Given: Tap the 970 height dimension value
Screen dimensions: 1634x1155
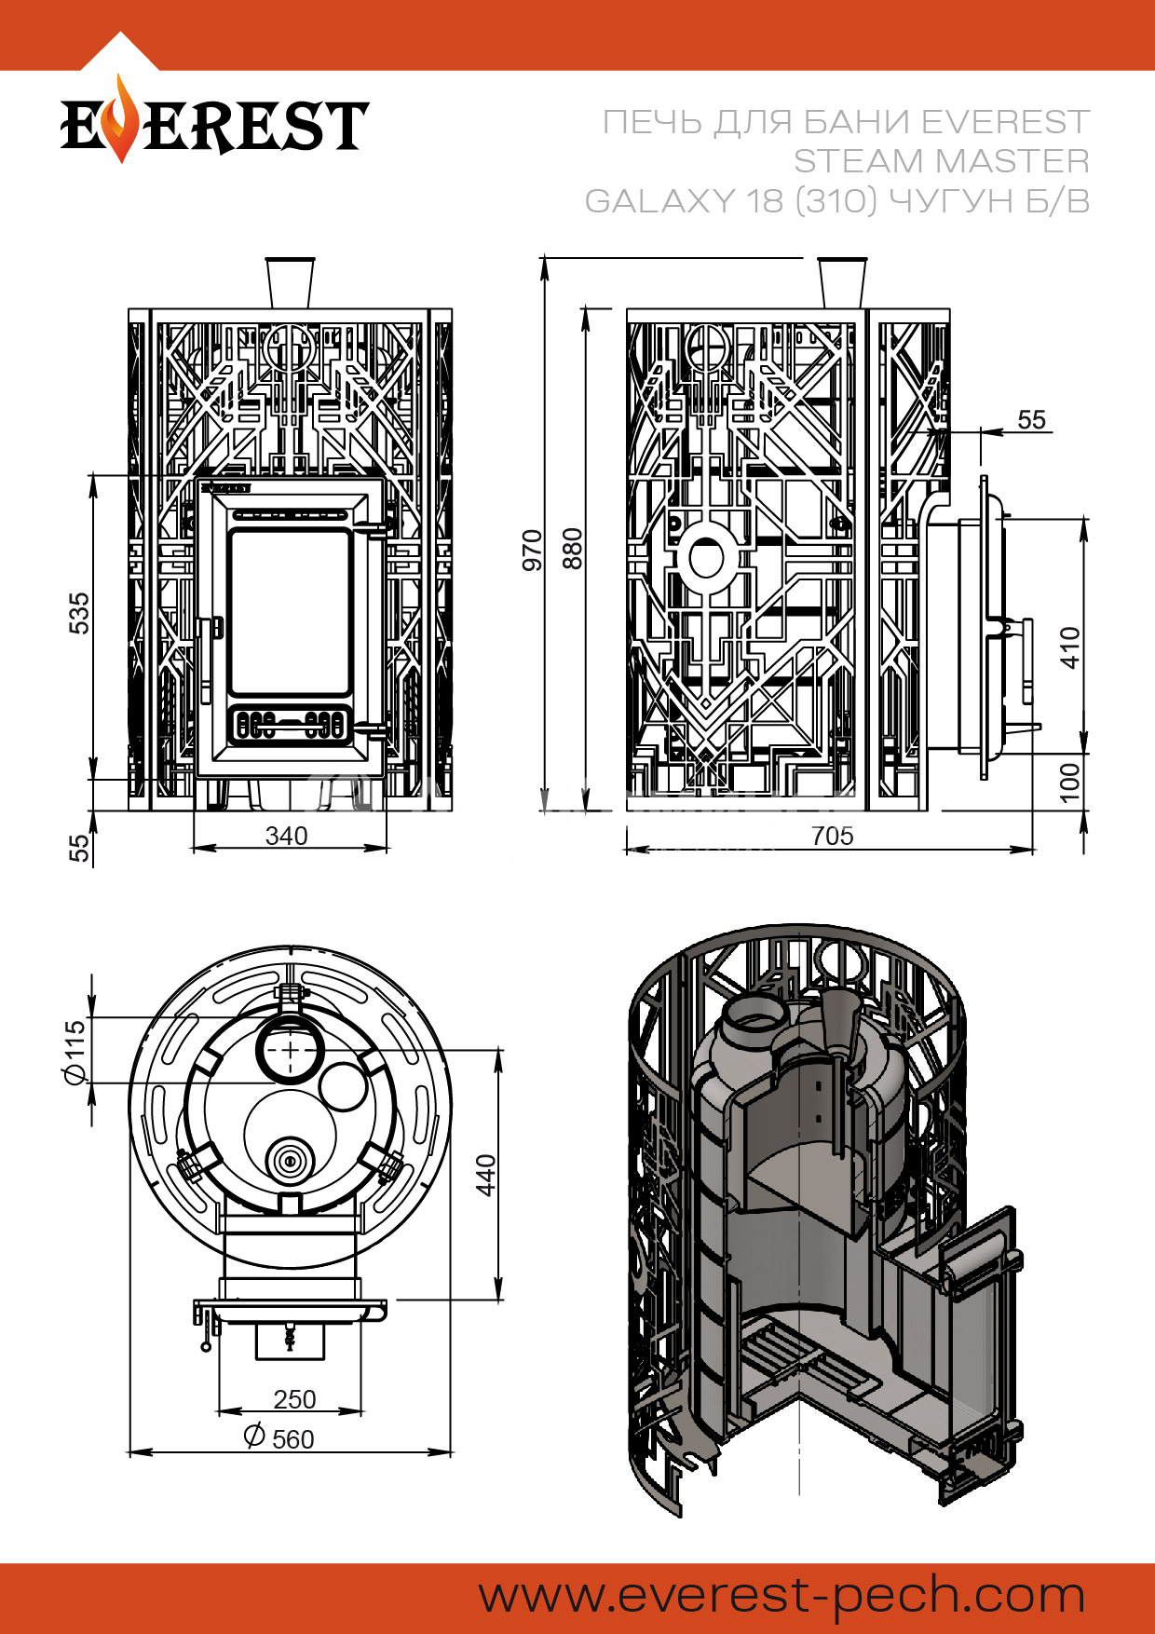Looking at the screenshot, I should (532, 550).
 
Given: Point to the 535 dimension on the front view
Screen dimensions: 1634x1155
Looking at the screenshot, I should (81, 612).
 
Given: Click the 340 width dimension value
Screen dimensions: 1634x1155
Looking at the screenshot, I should (286, 836).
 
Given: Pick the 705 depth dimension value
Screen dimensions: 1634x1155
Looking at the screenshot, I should (832, 836).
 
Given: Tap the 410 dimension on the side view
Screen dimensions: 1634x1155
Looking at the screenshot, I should (1070, 647).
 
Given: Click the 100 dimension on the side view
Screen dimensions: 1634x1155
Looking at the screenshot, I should (1070, 781).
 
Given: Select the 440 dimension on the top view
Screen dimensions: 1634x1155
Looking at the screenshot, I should (485, 1175).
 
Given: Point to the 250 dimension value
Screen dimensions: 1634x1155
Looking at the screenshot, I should (294, 1399).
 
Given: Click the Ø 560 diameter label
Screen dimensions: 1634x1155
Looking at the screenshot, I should (279, 1438).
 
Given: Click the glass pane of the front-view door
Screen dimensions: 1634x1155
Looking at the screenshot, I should (289, 612).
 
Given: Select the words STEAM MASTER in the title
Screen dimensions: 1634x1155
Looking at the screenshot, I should (941, 161).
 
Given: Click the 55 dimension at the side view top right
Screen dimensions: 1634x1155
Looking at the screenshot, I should (1031, 419).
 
